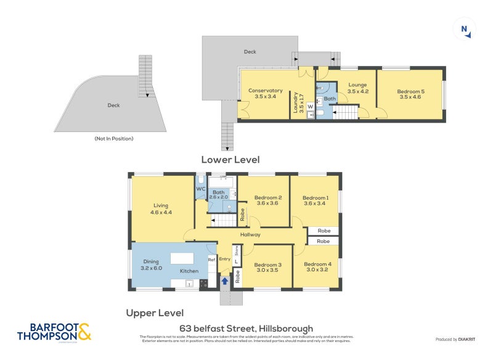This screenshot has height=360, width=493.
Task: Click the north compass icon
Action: [465, 29]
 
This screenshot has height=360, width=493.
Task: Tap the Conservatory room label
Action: [265, 91]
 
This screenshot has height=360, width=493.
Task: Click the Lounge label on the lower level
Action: [357, 85]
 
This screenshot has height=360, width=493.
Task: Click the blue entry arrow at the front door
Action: [225, 280]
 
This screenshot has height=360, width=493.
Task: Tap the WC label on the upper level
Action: [200, 189]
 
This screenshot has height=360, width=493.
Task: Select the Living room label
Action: [160, 206]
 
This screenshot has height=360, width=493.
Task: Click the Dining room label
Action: [151, 261]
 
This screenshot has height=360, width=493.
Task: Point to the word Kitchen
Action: [189, 271]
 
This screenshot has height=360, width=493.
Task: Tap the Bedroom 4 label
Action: [316, 264]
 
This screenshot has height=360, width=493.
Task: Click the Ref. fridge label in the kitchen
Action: [211, 260]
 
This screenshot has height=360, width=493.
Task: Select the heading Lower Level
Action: [230, 160]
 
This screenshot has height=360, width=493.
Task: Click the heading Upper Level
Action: [155, 313]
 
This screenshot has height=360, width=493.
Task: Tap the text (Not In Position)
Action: [113, 139]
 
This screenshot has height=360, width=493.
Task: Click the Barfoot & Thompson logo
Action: [54, 332]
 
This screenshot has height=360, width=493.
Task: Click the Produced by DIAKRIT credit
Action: [455, 340]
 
